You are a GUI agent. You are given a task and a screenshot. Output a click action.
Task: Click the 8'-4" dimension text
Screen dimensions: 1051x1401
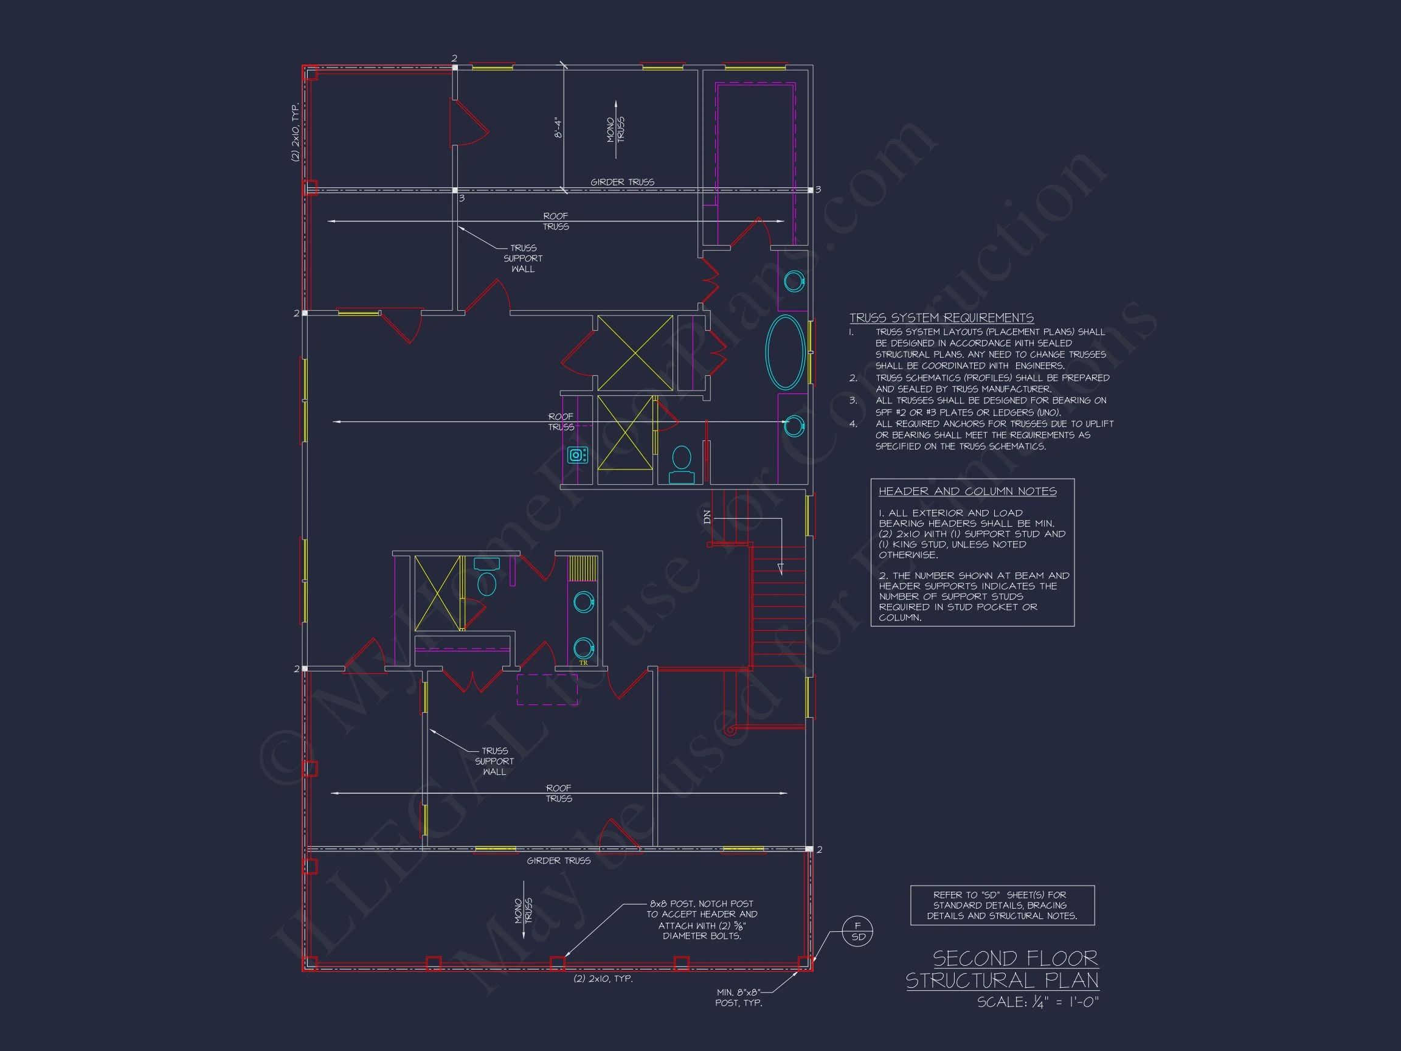(558, 127)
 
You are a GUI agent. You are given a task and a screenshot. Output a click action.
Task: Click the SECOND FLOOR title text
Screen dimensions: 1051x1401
(1015, 958)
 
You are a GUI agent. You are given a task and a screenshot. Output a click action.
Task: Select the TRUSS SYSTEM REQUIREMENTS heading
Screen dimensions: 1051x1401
(941, 317)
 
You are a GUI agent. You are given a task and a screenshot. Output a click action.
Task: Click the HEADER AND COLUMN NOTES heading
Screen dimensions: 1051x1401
(967, 491)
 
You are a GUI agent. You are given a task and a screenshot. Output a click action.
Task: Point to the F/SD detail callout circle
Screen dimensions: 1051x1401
(857, 931)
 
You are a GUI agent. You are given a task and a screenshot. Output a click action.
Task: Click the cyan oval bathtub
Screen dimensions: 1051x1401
(786, 352)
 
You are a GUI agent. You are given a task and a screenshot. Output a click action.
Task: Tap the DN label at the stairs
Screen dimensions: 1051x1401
(707, 517)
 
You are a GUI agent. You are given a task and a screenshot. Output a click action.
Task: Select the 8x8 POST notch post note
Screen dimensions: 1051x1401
(701, 919)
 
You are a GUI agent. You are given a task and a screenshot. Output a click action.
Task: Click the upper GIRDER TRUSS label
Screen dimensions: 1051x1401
(622, 182)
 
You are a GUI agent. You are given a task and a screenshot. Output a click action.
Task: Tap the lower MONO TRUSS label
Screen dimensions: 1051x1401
(524, 911)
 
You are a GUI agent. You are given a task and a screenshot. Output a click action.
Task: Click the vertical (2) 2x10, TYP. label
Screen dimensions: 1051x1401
(295, 133)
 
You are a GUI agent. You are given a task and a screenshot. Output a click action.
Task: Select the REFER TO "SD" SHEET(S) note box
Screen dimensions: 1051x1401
(1002, 905)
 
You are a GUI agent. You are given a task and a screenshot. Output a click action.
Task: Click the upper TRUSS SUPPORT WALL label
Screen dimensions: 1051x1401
(523, 258)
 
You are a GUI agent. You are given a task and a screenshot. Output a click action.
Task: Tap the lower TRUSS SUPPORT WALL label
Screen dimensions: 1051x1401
(494, 761)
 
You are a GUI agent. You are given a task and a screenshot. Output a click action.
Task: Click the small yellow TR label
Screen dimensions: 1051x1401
(583, 663)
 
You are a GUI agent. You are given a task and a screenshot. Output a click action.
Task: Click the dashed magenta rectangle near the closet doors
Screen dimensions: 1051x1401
(547, 689)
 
